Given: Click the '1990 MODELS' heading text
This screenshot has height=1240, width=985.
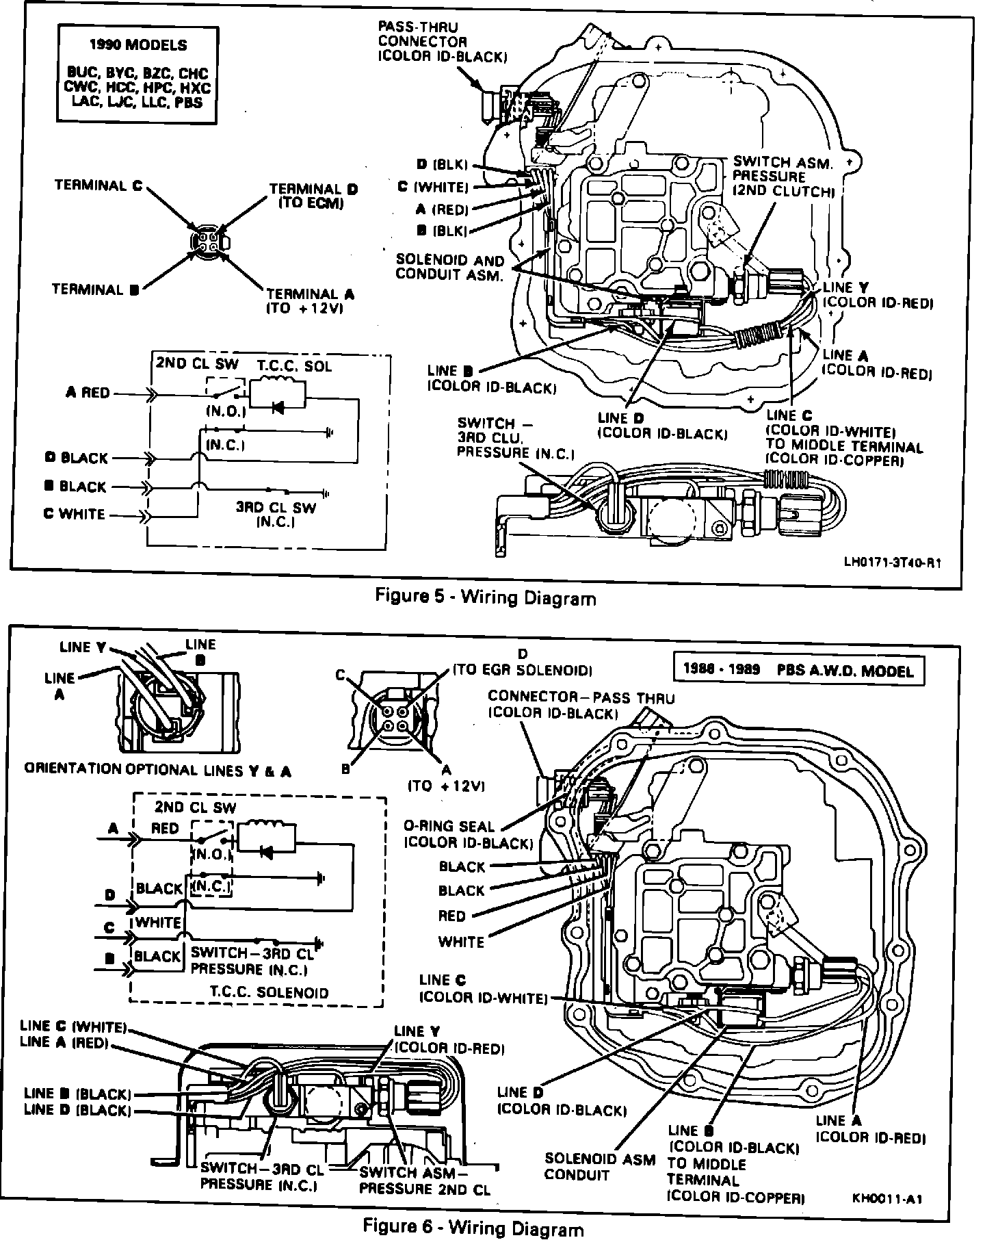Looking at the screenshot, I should [137, 45].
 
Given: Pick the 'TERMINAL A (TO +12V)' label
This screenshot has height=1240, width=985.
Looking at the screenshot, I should [310, 300].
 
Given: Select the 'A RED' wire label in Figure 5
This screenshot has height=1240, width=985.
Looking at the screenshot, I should [88, 393].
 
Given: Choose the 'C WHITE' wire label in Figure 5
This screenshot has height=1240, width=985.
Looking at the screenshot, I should [75, 513].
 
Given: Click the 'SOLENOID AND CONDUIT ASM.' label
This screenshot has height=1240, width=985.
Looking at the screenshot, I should [449, 268].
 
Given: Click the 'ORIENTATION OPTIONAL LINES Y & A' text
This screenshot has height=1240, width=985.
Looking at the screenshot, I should [158, 770].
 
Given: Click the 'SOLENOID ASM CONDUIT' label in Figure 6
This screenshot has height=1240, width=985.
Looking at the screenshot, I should [581, 1167].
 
